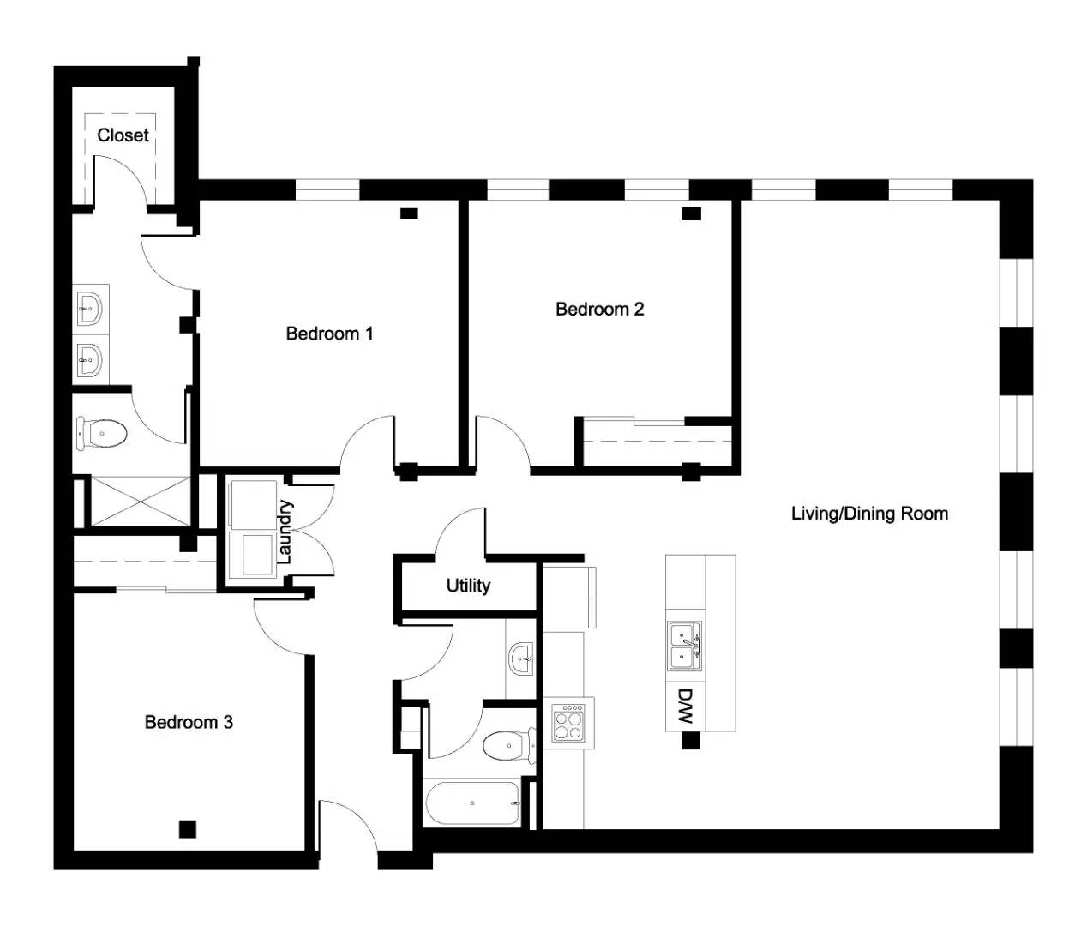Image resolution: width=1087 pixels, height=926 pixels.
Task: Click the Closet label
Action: pos(123,135)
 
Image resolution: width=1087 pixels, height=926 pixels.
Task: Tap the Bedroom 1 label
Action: pos(329,334)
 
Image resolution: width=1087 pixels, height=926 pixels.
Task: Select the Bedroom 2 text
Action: pos(599,309)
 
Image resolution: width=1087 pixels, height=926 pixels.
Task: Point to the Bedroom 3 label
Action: pos(189,722)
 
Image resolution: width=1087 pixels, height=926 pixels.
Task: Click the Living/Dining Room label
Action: pos(869,514)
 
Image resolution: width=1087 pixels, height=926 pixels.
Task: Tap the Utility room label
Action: pos(468,586)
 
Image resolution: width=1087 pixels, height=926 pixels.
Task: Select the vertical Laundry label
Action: pos(285,532)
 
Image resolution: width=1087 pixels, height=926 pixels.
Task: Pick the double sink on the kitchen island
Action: pos(684,646)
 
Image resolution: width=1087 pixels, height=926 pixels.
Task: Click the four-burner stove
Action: pos(568,721)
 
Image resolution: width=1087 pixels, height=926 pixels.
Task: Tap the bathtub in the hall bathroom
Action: pos(471,803)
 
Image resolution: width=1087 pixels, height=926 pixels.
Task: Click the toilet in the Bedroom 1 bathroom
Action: pos(101,433)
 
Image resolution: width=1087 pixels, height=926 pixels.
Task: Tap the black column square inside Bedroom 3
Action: pos(188,829)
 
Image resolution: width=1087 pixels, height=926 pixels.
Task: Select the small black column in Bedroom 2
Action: pos(691,213)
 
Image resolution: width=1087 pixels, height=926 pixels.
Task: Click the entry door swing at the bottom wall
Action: pos(347,827)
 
